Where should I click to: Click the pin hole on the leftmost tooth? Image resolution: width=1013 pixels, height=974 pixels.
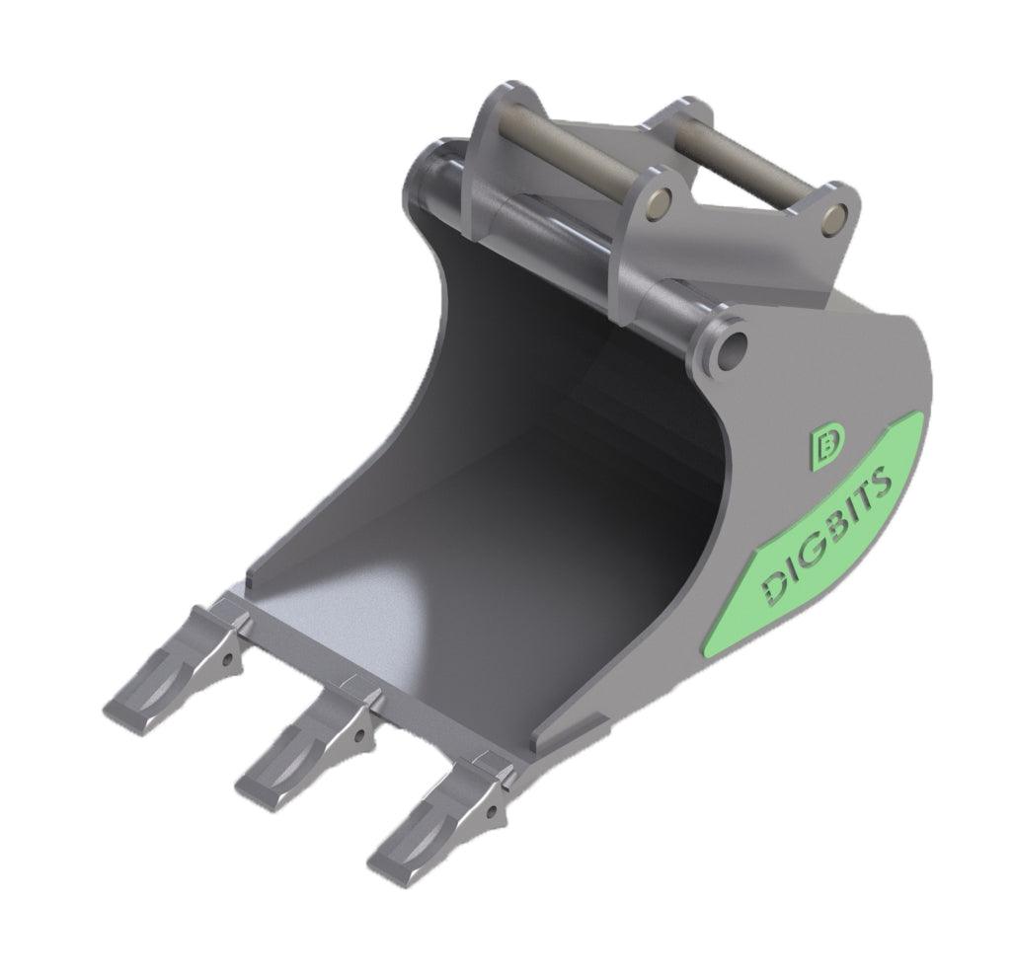pos(228,657)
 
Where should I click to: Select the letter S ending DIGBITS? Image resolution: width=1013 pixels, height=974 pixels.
pos(881,483)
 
